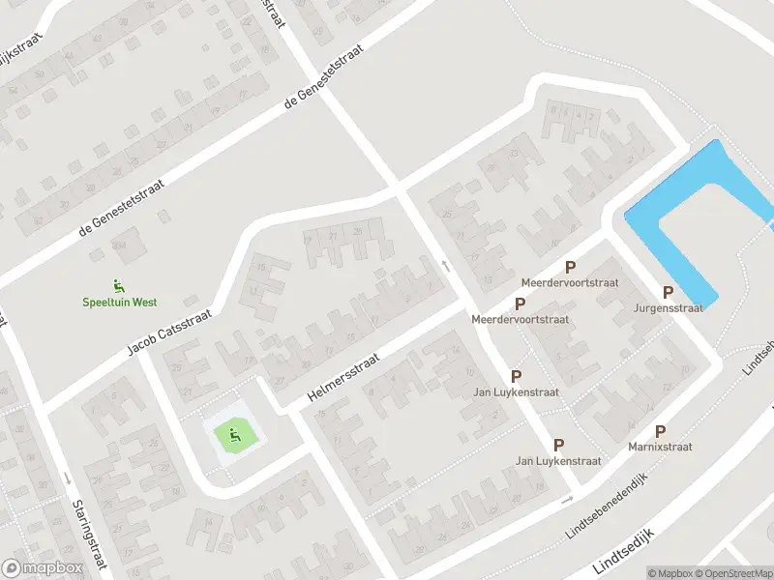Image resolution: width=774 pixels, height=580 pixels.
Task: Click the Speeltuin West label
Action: [x=118, y=302]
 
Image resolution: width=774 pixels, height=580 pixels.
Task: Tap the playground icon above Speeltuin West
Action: [x=118, y=285]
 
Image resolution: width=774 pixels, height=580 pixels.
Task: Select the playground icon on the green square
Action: [x=233, y=437]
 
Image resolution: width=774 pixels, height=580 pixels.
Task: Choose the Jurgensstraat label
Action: [x=668, y=308]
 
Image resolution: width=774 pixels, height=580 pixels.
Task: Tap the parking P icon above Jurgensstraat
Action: [x=668, y=292]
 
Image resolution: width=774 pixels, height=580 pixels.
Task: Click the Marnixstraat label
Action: [x=660, y=448]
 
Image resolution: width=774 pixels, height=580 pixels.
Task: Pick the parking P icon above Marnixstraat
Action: [x=660, y=431]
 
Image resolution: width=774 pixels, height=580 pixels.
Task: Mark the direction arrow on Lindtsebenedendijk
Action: [x=567, y=500]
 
